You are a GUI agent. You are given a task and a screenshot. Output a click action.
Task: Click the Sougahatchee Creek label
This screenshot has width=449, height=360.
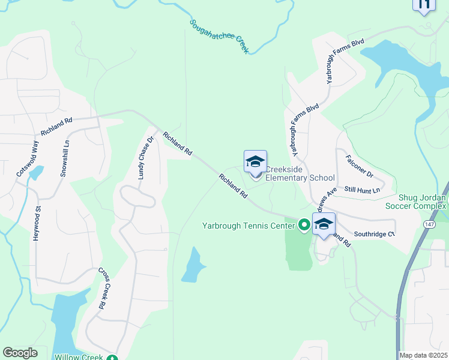[219, 37]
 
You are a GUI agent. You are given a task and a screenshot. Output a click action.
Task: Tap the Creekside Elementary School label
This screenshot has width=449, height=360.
[300, 173]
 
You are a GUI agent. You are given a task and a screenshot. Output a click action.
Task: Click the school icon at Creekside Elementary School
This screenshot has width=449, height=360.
[255, 162]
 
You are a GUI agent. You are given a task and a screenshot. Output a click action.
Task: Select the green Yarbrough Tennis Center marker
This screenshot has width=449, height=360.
[304, 225]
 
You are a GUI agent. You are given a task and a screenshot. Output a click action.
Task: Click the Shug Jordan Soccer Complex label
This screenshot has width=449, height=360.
[423, 202]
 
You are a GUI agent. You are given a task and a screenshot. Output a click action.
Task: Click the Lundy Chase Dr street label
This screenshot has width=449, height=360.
[146, 158]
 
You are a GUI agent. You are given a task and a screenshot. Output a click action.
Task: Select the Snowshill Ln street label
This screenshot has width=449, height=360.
[65, 158]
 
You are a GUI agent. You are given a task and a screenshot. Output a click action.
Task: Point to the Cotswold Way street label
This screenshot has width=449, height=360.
[28, 158]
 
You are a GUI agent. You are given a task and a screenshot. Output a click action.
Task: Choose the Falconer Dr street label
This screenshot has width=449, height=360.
[360, 167]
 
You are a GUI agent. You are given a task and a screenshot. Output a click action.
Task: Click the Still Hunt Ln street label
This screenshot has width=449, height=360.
[363, 190]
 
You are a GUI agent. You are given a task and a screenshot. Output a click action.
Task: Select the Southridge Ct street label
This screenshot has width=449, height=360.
[374, 233]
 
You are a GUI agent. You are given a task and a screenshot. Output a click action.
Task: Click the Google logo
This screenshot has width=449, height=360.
[20, 353]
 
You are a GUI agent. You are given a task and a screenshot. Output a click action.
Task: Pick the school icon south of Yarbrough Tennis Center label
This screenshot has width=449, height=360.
[324, 224]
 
